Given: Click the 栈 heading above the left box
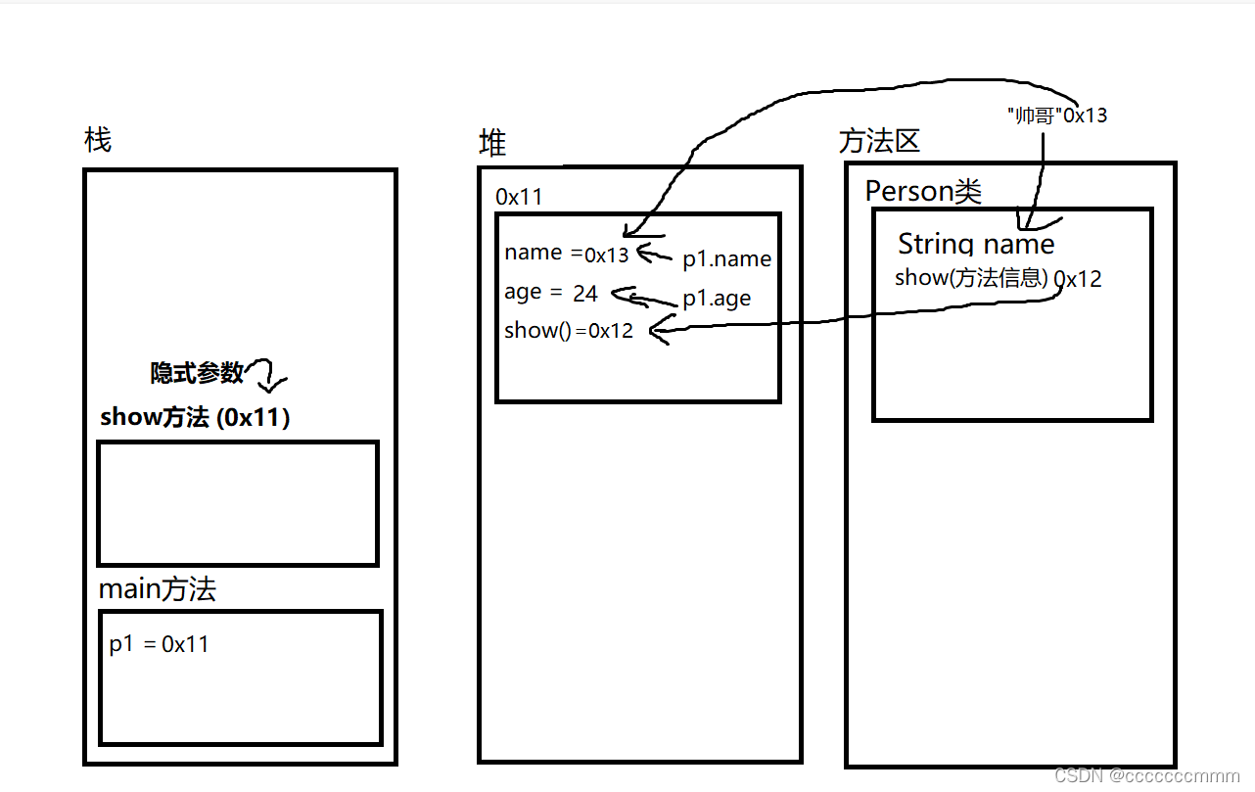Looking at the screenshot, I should (98, 141).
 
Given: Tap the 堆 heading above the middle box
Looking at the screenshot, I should (492, 144).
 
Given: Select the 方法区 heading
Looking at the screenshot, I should (879, 142).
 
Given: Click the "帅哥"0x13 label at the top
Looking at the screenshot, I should (1056, 115).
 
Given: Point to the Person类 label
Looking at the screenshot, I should (922, 191).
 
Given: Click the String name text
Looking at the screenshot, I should (976, 244).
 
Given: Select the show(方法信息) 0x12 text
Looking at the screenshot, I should (998, 278).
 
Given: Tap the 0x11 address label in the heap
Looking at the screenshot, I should (519, 197).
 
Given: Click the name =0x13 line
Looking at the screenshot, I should (566, 253).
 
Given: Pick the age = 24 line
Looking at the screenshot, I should (550, 293).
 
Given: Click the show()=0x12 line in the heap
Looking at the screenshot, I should (569, 331).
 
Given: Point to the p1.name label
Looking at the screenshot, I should (727, 259).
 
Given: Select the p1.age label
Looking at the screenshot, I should (717, 299).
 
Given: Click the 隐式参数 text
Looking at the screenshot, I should (197, 373).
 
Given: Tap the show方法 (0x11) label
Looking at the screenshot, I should (195, 418).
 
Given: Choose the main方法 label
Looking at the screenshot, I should (158, 589).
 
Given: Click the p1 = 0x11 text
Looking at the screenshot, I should (159, 644).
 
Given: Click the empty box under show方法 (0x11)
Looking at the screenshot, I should (238, 503).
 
